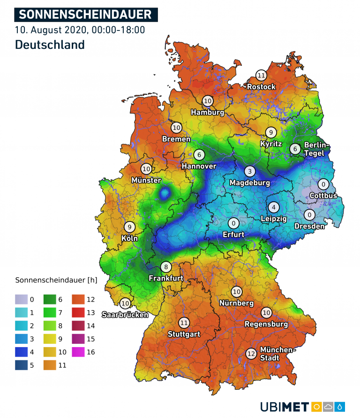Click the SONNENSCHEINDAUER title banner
pos(86,14)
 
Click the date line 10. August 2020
pos(80,30)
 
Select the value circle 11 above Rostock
pos(261,75)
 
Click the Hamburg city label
pos(207,113)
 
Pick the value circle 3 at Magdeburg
pos(250,171)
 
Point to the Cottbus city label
pos(323,196)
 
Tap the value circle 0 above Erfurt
pos(233,223)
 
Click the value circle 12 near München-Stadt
pos(251,354)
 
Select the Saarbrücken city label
pos(125,315)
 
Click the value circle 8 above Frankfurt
pos(165,267)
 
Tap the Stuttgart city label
pos(184,334)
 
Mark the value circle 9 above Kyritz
pos(270,132)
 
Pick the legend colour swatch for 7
pos(50,312)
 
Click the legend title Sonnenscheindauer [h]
pos(56,281)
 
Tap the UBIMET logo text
pos(284,406)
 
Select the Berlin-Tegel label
pos(317,149)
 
